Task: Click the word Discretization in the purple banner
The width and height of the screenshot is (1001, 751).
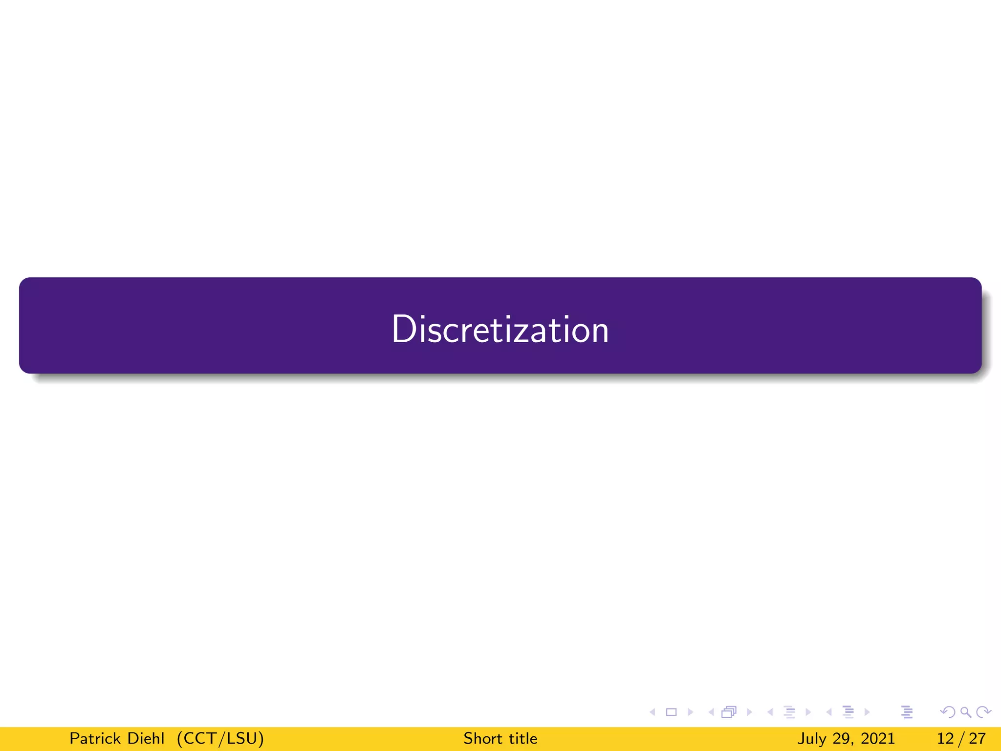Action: pos(500,329)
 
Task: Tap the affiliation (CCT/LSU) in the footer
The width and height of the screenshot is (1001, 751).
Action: pos(220,738)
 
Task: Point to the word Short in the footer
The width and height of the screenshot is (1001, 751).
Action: pos(482,738)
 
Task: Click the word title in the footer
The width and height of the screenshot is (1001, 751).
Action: pos(523,738)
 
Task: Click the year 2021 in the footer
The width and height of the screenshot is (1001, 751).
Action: pos(878,738)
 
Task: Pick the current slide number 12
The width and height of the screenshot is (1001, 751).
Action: pos(945,738)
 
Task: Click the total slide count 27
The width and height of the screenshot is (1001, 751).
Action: pos(977,738)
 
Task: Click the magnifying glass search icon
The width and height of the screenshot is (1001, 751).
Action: pos(966,712)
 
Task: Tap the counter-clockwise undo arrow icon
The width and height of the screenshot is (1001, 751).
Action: pos(948,712)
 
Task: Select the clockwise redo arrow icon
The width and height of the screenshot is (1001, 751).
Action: pos(983,712)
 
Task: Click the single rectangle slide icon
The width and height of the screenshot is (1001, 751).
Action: pos(672,712)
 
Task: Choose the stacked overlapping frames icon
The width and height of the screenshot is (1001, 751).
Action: pos(729,712)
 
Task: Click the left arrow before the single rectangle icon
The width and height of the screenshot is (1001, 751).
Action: pos(653,712)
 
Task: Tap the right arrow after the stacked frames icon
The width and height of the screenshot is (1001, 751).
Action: pos(749,712)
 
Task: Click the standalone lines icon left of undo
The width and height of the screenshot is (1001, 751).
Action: pos(907,712)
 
